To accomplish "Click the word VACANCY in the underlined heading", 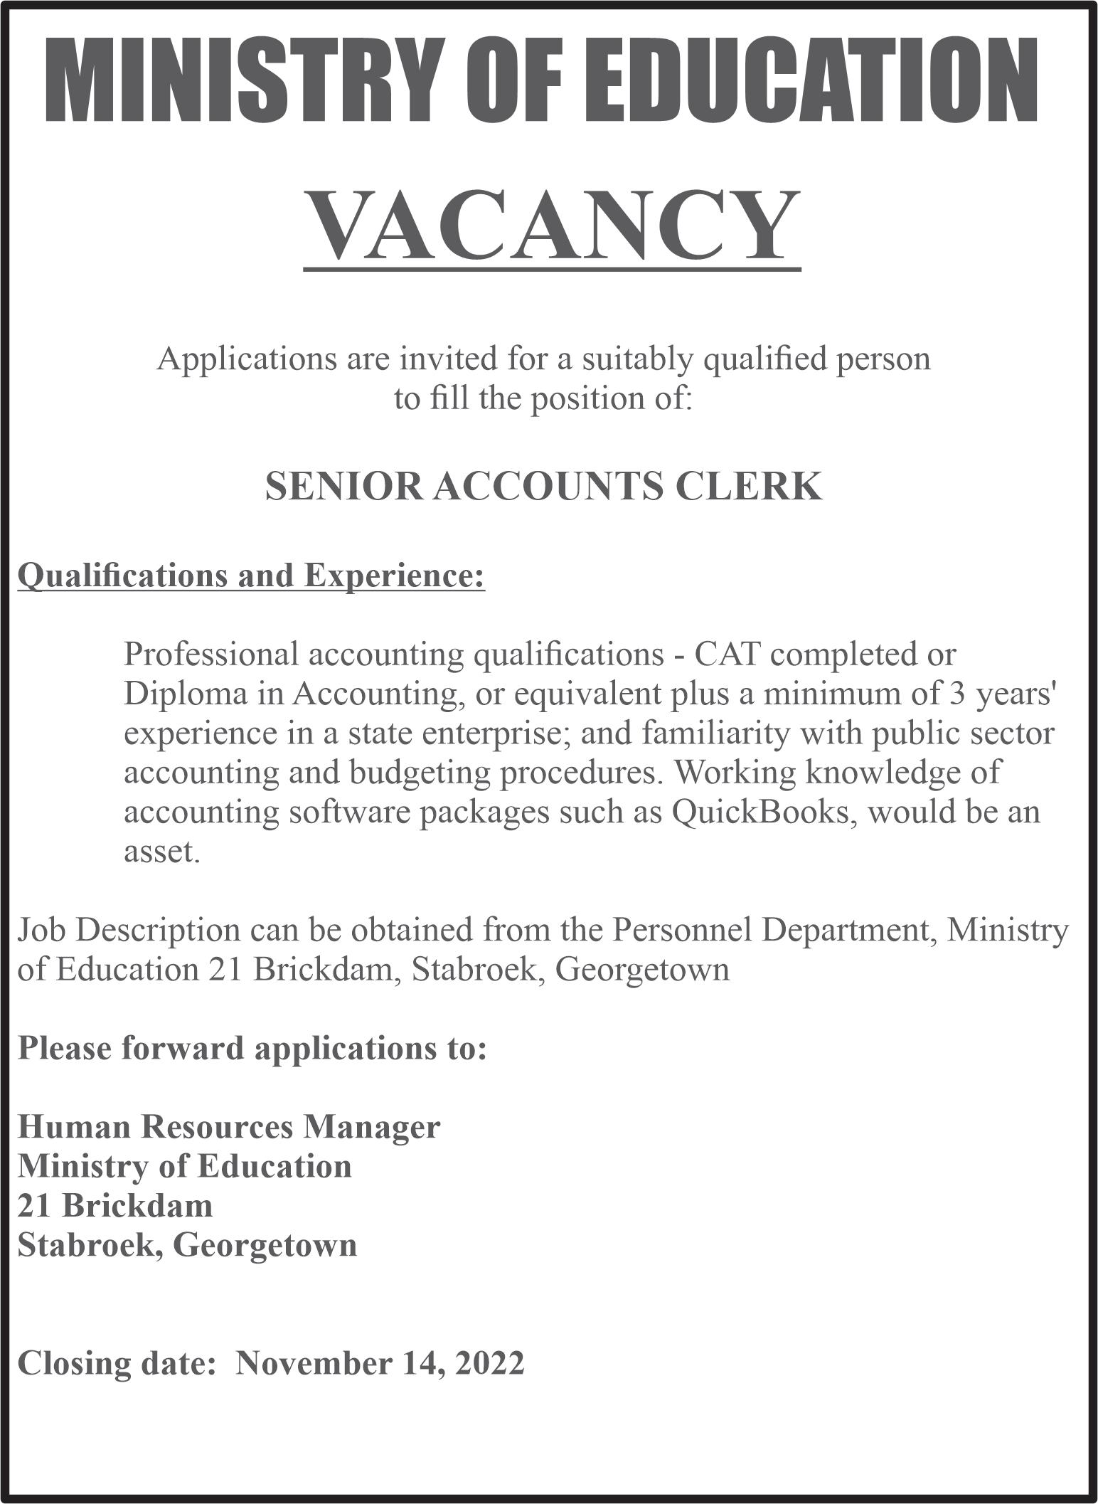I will click(552, 226).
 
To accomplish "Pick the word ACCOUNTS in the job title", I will click(548, 486).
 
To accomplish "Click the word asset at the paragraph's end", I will click(161, 851).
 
